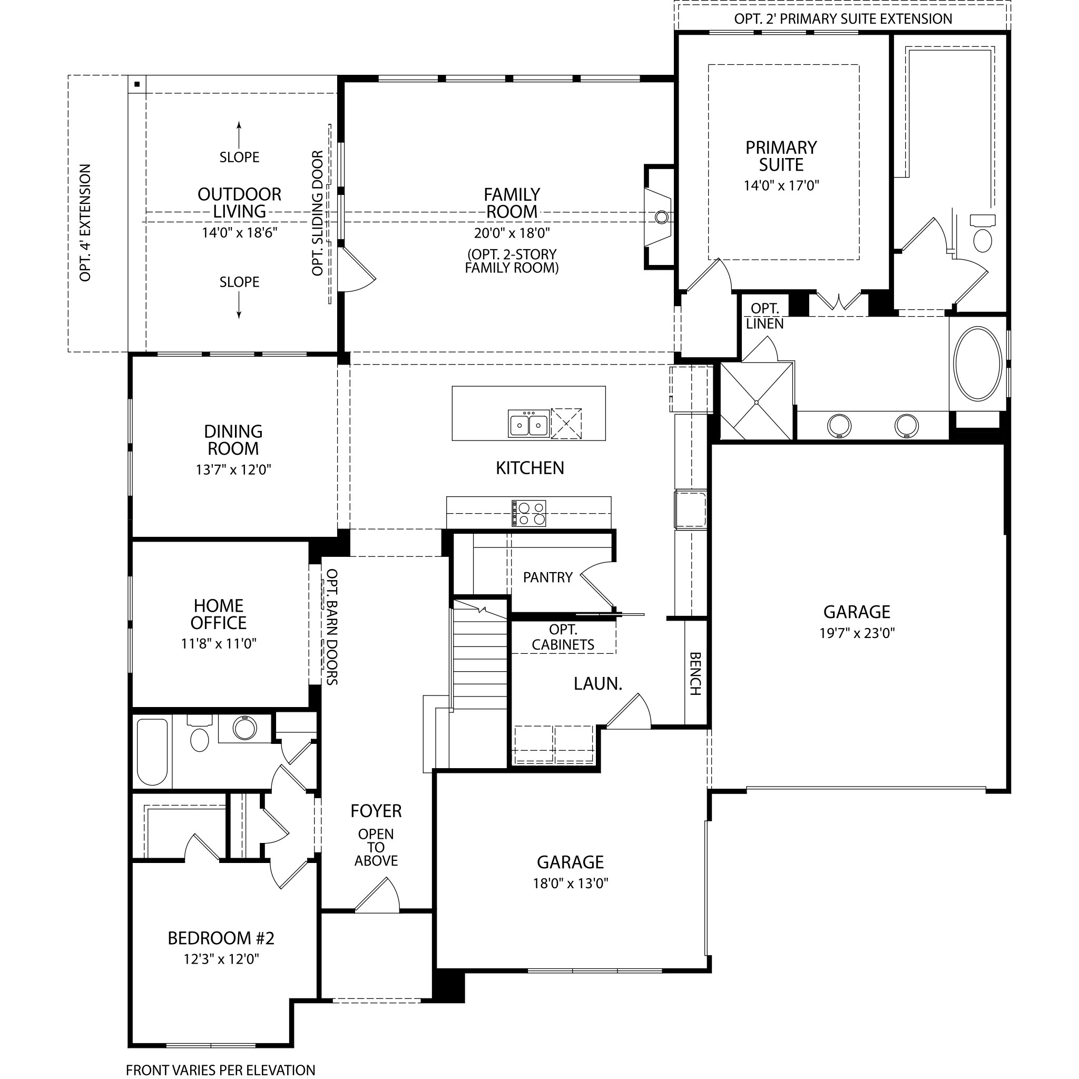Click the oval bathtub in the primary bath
pyautogui.click(x=977, y=364)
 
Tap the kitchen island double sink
pyautogui.click(x=528, y=424)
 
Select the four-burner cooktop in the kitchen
pyautogui.click(x=528, y=513)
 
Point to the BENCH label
pyautogui.click(x=695, y=674)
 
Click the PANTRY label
pyautogui.click(x=548, y=577)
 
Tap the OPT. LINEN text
pyautogui.click(x=764, y=316)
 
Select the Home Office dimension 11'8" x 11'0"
pyautogui.click(x=218, y=644)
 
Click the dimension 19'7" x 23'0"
pyautogui.click(x=857, y=633)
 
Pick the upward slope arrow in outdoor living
pyautogui.click(x=239, y=134)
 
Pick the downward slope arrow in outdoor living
pyautogui.click(x=239, y=305)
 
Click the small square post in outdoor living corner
pyautogui.click(x=137, y=84)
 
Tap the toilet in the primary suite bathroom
pyautogui.click(x=983, y=233)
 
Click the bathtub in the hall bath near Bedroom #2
pyautogui.click(x=152, y=752)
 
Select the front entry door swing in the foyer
pyautogui.click(x=378, y=896)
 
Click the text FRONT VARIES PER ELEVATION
pyautogui.click(x=221, y=1070)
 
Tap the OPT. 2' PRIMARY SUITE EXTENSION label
pyautogui.click(x=843, y=19)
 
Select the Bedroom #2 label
pyautogui.click(x=221, y=939)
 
